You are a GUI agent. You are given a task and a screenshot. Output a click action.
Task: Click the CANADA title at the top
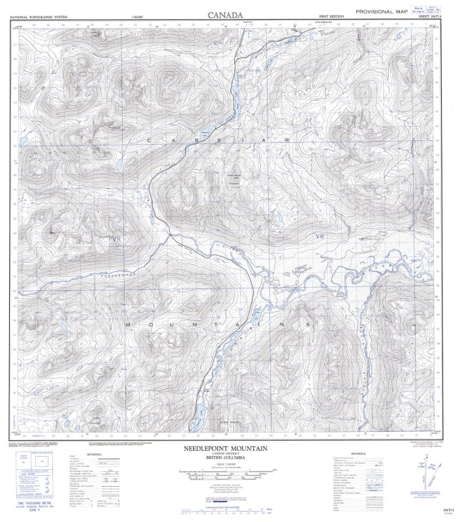coord(225,14)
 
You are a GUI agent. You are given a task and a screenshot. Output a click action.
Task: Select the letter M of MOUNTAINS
coord(128,324)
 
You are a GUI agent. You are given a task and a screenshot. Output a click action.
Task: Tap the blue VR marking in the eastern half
coord(319,236)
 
